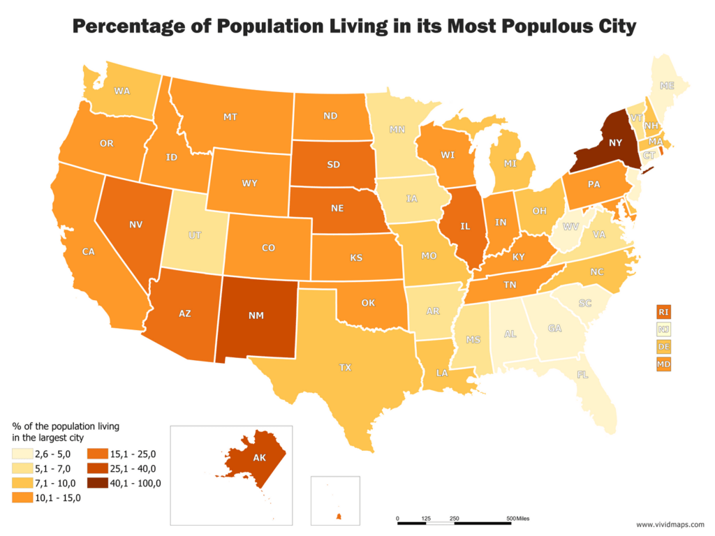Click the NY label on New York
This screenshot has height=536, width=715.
pos(615,142)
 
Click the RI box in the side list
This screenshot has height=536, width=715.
pos(663,311)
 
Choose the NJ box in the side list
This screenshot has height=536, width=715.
pos(663,329)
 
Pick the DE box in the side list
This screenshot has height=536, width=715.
pos(663,346)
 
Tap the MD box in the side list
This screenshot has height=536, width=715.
pos(663,364)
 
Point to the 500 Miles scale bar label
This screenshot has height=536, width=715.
pos(518,518)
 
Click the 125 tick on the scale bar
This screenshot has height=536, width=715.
pos(426,518)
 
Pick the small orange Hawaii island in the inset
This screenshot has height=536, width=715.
pos(339,516)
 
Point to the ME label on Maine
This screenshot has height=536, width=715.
pos(668,87)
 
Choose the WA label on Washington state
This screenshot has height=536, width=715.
pos(122,91)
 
